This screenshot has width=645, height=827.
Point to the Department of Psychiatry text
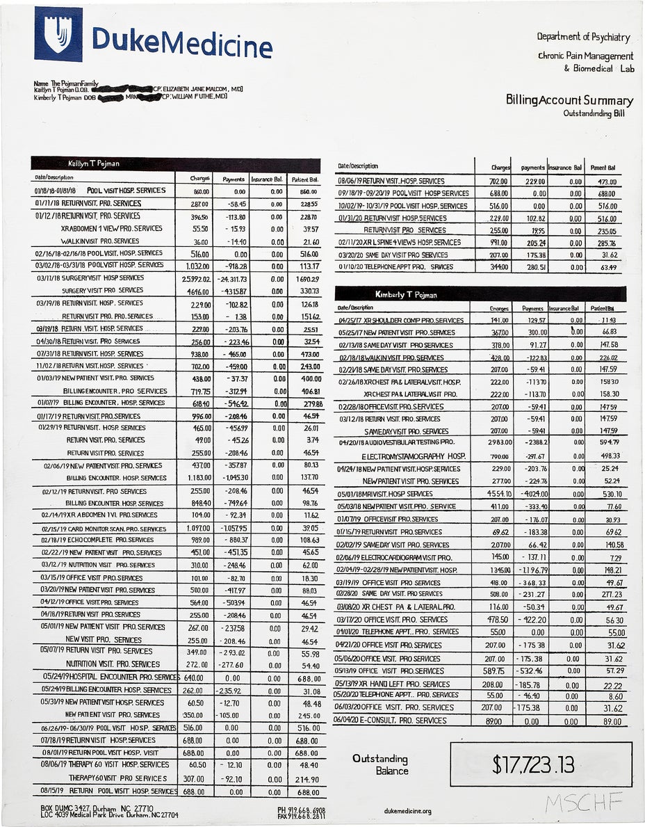583,36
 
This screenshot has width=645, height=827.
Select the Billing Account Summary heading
569,100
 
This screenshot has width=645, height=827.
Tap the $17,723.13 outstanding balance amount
533,764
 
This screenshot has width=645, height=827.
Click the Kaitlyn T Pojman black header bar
175,164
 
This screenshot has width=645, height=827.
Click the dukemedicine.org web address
407,811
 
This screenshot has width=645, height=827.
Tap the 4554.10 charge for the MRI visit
491,494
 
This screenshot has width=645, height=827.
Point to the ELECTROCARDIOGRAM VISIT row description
394,558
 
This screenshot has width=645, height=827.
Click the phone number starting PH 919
301,810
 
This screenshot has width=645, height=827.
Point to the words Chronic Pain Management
585,56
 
